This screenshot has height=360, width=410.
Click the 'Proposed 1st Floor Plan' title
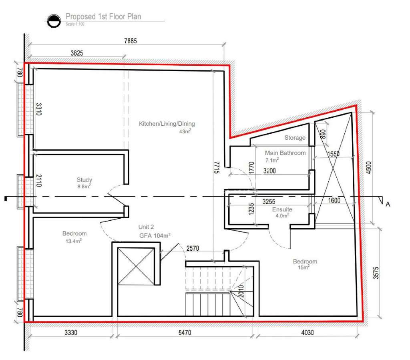(x=103, y=16)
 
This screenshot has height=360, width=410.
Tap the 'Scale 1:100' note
(x=75, y=24)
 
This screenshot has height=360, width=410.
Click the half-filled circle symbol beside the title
(x=54, y=21)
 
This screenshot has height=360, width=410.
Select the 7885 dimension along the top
(x=130, y=41)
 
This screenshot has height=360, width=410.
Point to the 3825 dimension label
(x=76, y=53)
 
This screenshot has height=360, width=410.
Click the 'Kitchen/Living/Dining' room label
(x=167, y=124)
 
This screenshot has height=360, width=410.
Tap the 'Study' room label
(x=84, y=180)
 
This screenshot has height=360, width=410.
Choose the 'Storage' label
(x=295, y=137)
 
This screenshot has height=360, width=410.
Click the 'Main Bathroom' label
(x=285, y=153)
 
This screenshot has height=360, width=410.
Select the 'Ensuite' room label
(x=282, y=209)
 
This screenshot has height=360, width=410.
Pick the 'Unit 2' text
(x=146, y=227)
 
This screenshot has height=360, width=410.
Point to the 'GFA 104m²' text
(x=155, y=235)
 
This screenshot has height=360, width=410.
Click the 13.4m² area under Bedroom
(x=74, y=241)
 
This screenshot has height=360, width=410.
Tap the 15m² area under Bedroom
(x=303, y=267)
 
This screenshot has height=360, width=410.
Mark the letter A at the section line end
(x=388, y=205)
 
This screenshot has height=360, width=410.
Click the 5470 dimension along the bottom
(x=185, y=332)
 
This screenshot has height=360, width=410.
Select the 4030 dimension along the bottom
(x=307, y=332)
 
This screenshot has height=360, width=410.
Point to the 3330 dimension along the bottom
(x=71, y=332)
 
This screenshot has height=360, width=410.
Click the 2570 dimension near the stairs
(x=193, y=248)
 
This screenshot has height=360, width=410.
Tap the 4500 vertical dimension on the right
(x=368, y=168)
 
